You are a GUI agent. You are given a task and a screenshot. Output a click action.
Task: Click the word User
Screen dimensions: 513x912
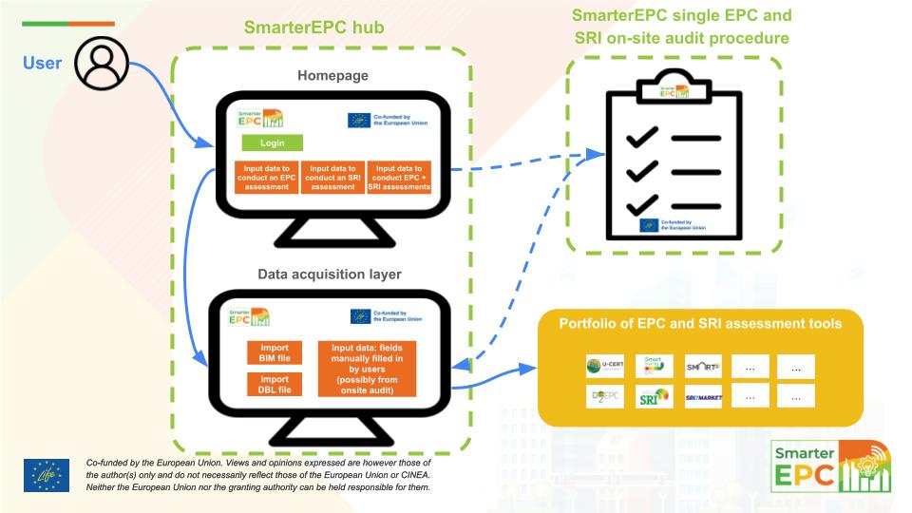(43, 64)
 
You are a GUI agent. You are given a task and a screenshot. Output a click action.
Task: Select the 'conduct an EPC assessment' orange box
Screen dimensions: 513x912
(266, 177)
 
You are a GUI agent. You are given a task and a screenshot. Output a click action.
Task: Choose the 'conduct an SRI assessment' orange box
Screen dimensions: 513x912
(332, 177)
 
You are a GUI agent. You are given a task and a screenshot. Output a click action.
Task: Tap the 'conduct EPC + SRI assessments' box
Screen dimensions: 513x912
(398, 177)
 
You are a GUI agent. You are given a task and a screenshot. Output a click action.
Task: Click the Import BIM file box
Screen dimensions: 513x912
(275, 351)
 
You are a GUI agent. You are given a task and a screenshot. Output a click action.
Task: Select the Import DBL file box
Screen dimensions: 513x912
(275, 384)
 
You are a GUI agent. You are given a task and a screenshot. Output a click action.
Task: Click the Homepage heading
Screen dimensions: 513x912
(332, 76)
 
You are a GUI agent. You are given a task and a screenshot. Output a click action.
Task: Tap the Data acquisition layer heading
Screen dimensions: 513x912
(330, 275)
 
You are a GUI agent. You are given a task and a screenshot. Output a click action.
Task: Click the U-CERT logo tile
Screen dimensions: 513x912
(604, 367)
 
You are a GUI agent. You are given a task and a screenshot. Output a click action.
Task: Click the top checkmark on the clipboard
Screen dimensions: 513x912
(642, 139)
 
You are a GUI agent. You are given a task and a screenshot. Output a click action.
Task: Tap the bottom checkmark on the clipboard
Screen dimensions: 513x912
(642, 203)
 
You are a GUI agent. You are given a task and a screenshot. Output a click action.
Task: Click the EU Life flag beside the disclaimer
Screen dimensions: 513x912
(47, 475)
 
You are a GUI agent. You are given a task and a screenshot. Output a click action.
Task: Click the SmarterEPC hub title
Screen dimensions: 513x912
(313, 28)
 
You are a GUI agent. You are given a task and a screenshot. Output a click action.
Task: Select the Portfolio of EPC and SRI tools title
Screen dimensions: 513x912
(700, 324)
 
